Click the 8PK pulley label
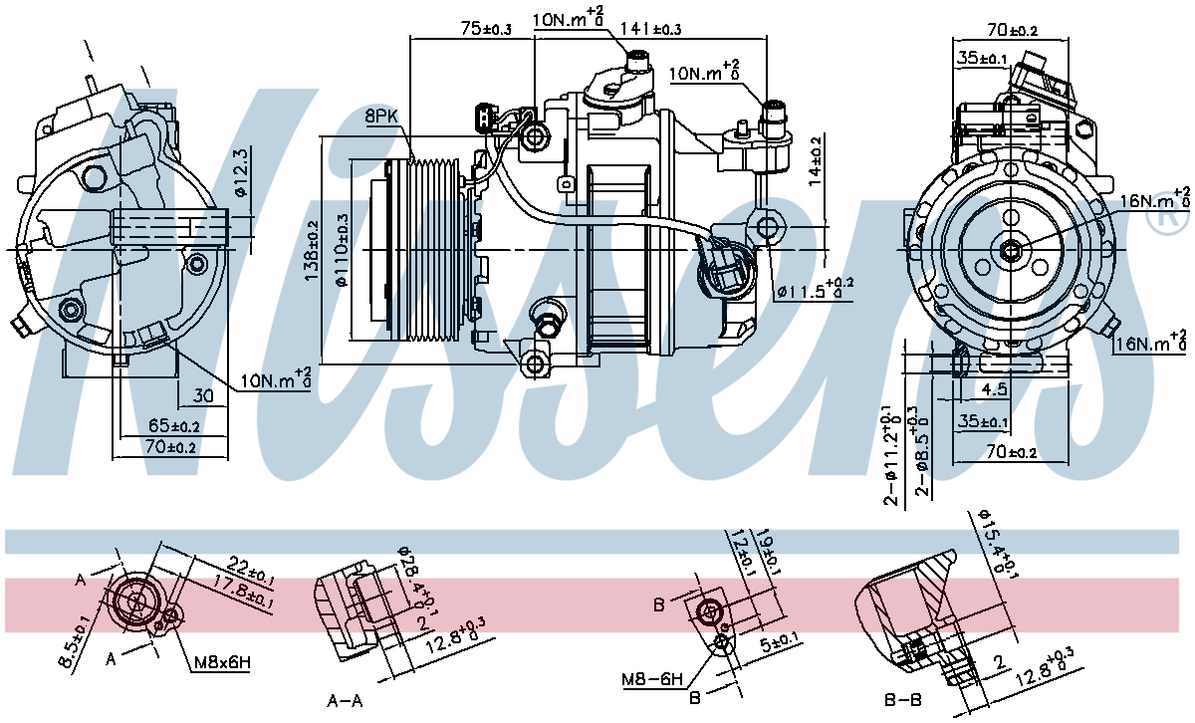382,116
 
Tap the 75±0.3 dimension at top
486,29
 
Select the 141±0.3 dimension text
650,28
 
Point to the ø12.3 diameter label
241,172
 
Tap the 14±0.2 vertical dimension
815,161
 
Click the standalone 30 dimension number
203,395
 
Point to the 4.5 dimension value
994,389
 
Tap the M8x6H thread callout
222,662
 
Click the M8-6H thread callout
652,679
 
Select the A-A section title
345,700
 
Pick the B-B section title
902,699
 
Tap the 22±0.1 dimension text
251,570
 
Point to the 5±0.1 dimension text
780,643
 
